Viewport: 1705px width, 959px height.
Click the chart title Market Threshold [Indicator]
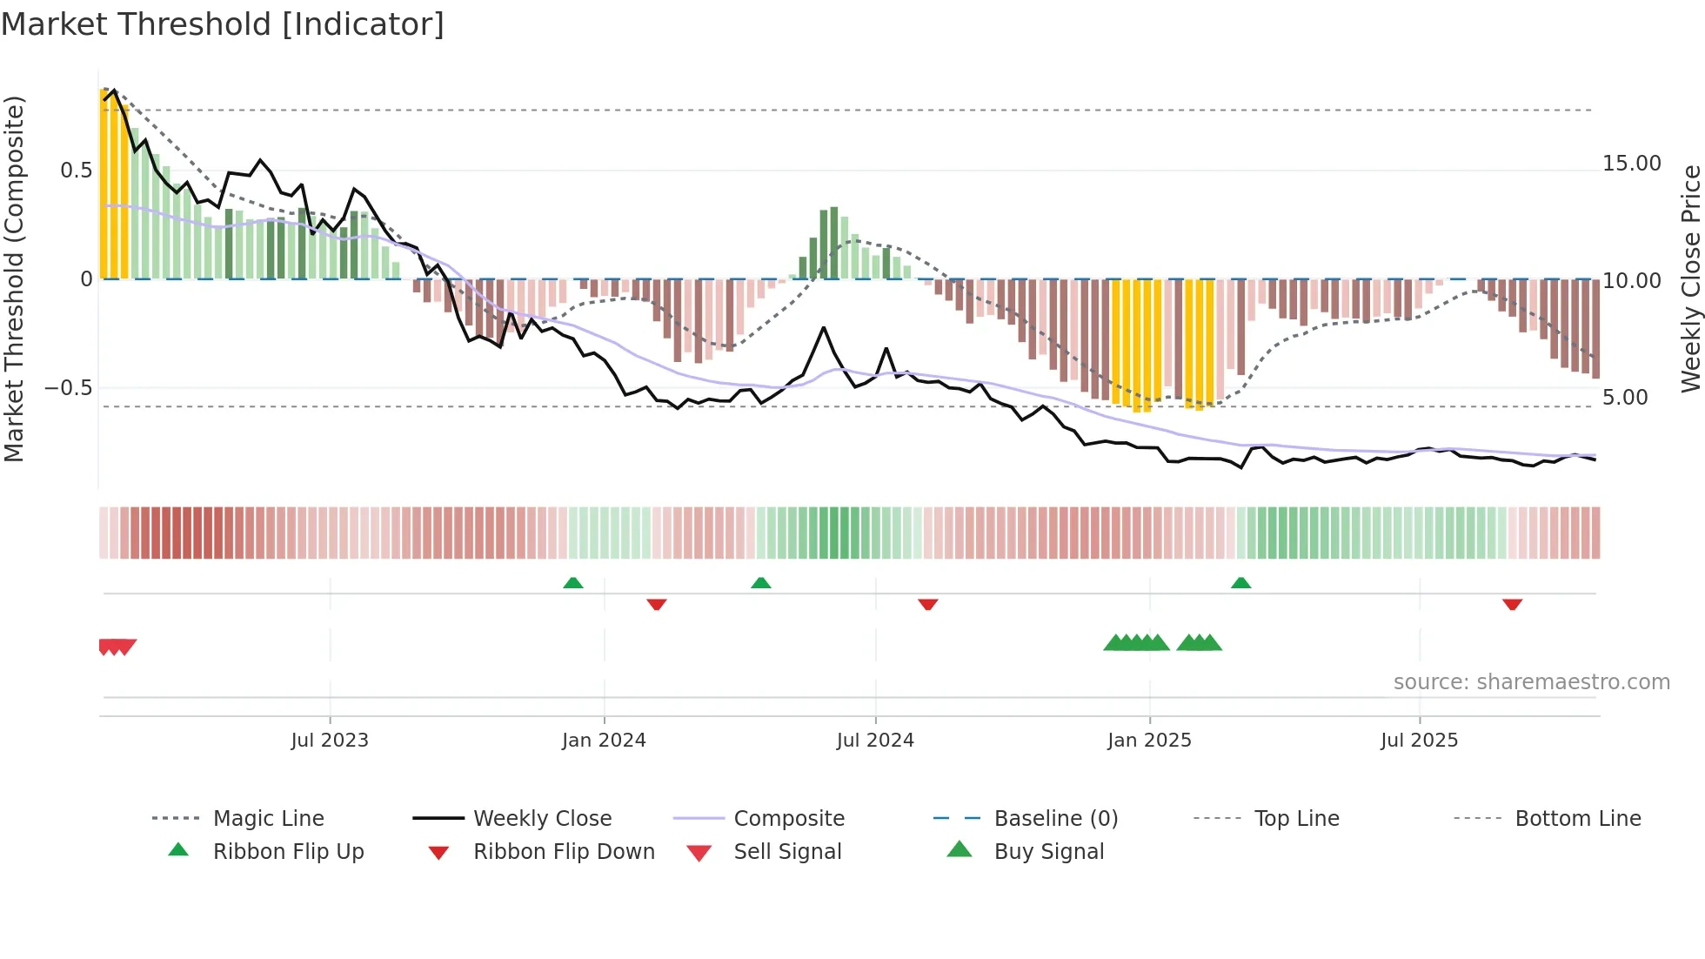coord(223,24)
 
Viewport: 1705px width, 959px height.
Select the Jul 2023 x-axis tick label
coord(330,741)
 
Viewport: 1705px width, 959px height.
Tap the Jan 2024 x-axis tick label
coord(604,741)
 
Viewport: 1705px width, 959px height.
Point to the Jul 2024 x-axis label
coord(875,741)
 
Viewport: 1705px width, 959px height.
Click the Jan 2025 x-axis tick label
coord(1149,741)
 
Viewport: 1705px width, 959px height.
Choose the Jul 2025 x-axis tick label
coord(1419,741)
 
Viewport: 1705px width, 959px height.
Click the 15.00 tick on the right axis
coord(1632,164)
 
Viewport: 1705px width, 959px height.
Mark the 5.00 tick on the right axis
coord(1625,398)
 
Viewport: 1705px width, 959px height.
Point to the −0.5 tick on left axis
coord(69,388)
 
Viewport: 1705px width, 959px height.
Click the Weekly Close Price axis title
coord(1690,278)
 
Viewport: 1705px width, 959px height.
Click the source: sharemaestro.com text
coord(1531,682)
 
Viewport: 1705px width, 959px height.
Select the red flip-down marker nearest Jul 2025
coord(1512,604)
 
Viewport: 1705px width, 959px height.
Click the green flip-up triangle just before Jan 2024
coord(573,583)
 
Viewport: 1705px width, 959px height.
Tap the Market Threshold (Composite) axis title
coord(14,278)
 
